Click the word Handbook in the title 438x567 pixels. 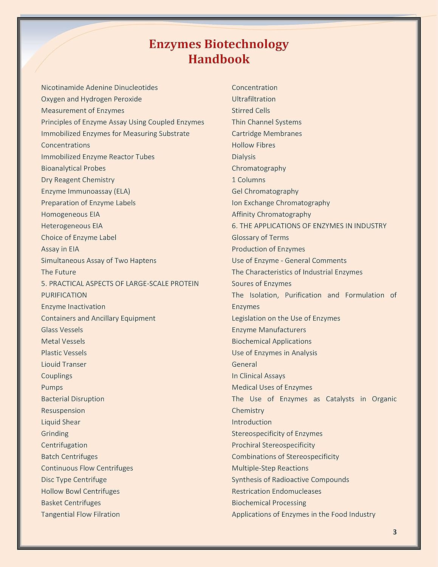tap(219, 59)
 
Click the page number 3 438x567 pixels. tap(395, 532)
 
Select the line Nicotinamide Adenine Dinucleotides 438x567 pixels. tap(99, 88)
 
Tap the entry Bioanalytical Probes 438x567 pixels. tap(73, 168)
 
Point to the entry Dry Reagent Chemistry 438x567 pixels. tap(78, 180)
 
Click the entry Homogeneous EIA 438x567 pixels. tap(70, 214)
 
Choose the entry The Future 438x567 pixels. tap(59, 272)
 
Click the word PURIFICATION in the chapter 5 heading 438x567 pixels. tap(64, 295)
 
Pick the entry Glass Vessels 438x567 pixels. tap(62, 330)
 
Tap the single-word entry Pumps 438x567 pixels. tap(52, 387)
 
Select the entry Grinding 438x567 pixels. tap(55, 434)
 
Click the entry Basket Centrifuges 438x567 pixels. tap(71, 503)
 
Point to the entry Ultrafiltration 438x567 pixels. tap(254, 99)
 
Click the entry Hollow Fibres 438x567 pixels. tap(254, 145)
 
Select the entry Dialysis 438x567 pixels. tap(244, 157)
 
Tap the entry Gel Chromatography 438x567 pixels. tap(265, 191)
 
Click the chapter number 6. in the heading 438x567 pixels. tap(235, 226)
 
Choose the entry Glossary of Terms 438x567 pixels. tap(260, 237)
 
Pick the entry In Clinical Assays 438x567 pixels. tap(258, 376)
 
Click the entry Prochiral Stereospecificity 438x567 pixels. tap(273, 445)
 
